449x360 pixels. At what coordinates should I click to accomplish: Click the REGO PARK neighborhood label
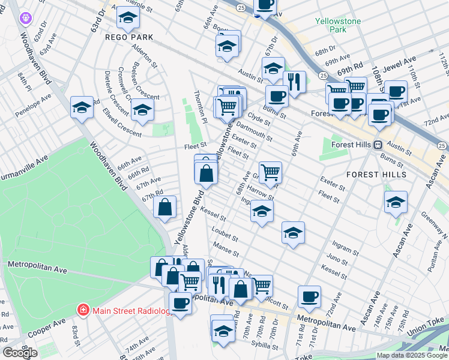coord(129,37)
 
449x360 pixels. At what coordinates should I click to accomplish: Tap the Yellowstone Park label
coord(331,25)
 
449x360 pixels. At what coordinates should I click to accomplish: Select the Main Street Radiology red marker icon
coord(83,310)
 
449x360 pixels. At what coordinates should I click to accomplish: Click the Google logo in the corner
coord(20,353)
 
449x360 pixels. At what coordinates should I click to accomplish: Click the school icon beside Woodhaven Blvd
coord(82,107)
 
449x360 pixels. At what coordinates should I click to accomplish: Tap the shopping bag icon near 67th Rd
coord(165,207)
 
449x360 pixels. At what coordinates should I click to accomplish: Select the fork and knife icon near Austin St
coord(294,81)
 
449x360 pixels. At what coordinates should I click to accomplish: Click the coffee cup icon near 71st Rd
coord(310,296)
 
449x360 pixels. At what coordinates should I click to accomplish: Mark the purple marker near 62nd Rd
coord(25,19)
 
